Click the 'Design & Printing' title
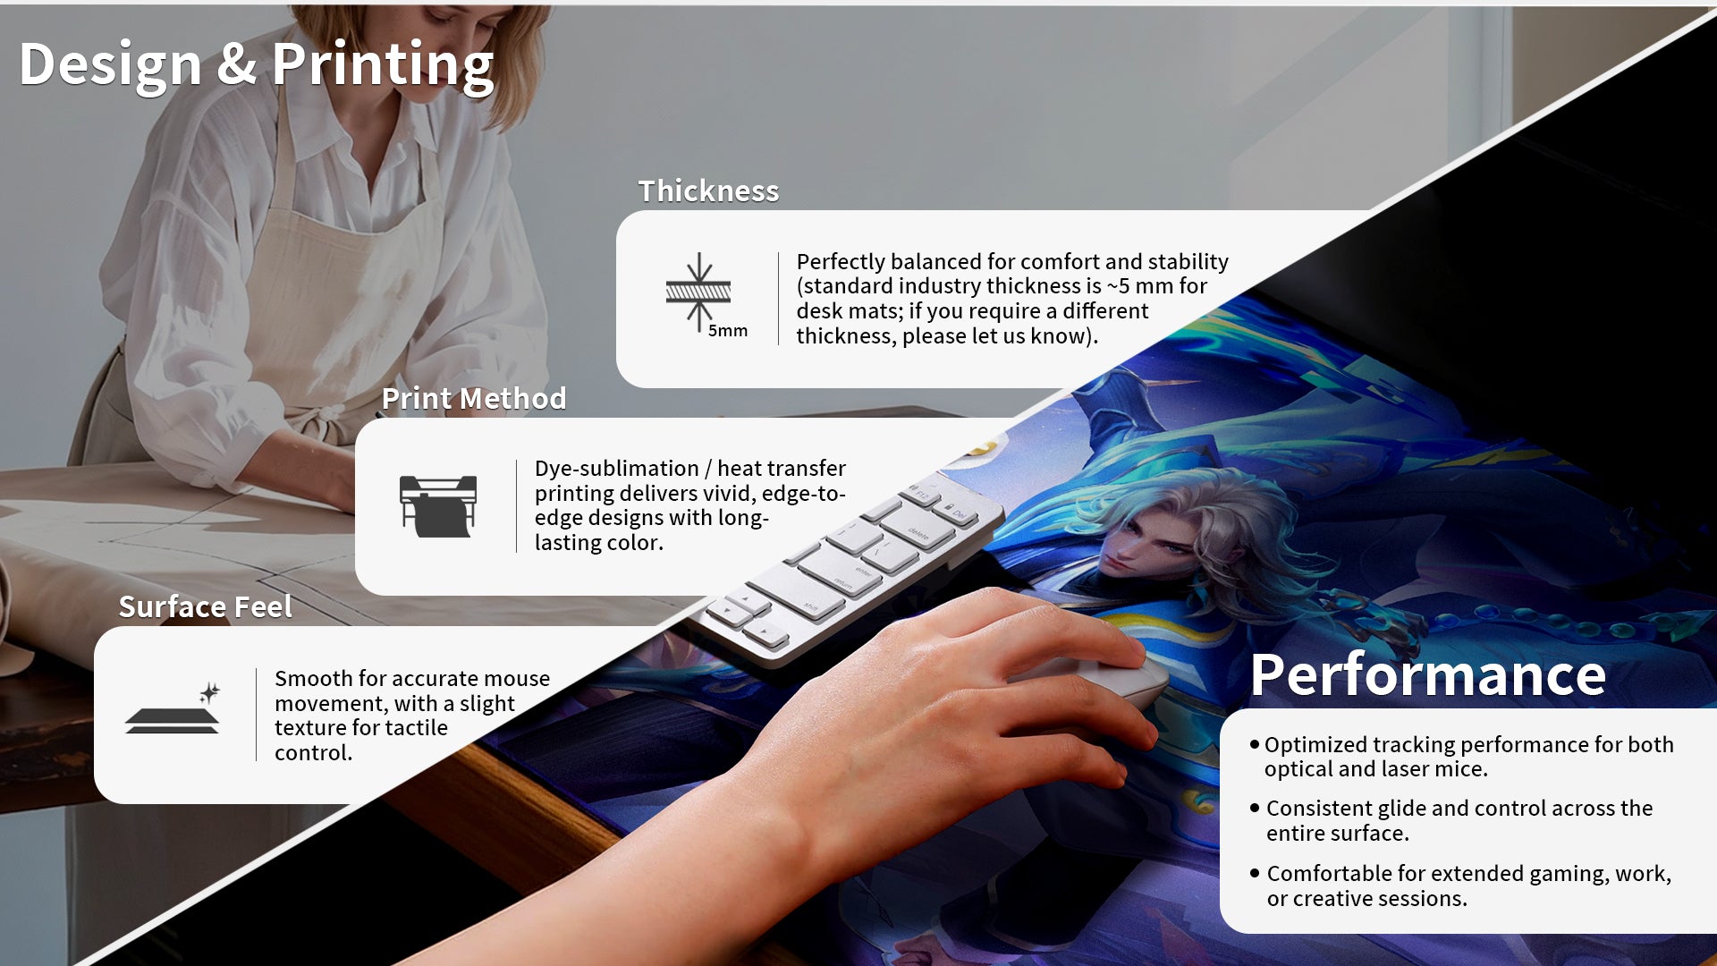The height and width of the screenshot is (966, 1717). pos(256,65)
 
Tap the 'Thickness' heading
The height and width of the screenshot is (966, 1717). pos(708,191)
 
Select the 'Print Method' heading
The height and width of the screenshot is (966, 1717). pos(474,399)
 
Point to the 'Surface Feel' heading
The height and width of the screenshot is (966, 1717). pos(206,607)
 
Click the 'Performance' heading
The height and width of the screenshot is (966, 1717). pos(1428,675)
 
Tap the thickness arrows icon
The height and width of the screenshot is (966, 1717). pos(698,292)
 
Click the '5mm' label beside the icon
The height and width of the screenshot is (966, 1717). pos(728,331)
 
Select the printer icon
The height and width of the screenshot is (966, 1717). pos(438,506)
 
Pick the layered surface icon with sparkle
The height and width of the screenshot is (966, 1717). pos(173,709)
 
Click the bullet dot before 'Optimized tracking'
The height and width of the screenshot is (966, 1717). pos(1255,744)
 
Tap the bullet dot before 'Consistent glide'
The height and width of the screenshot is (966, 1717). pos(1255,808)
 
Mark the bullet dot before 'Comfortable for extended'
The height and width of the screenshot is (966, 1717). pos(1255,873)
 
